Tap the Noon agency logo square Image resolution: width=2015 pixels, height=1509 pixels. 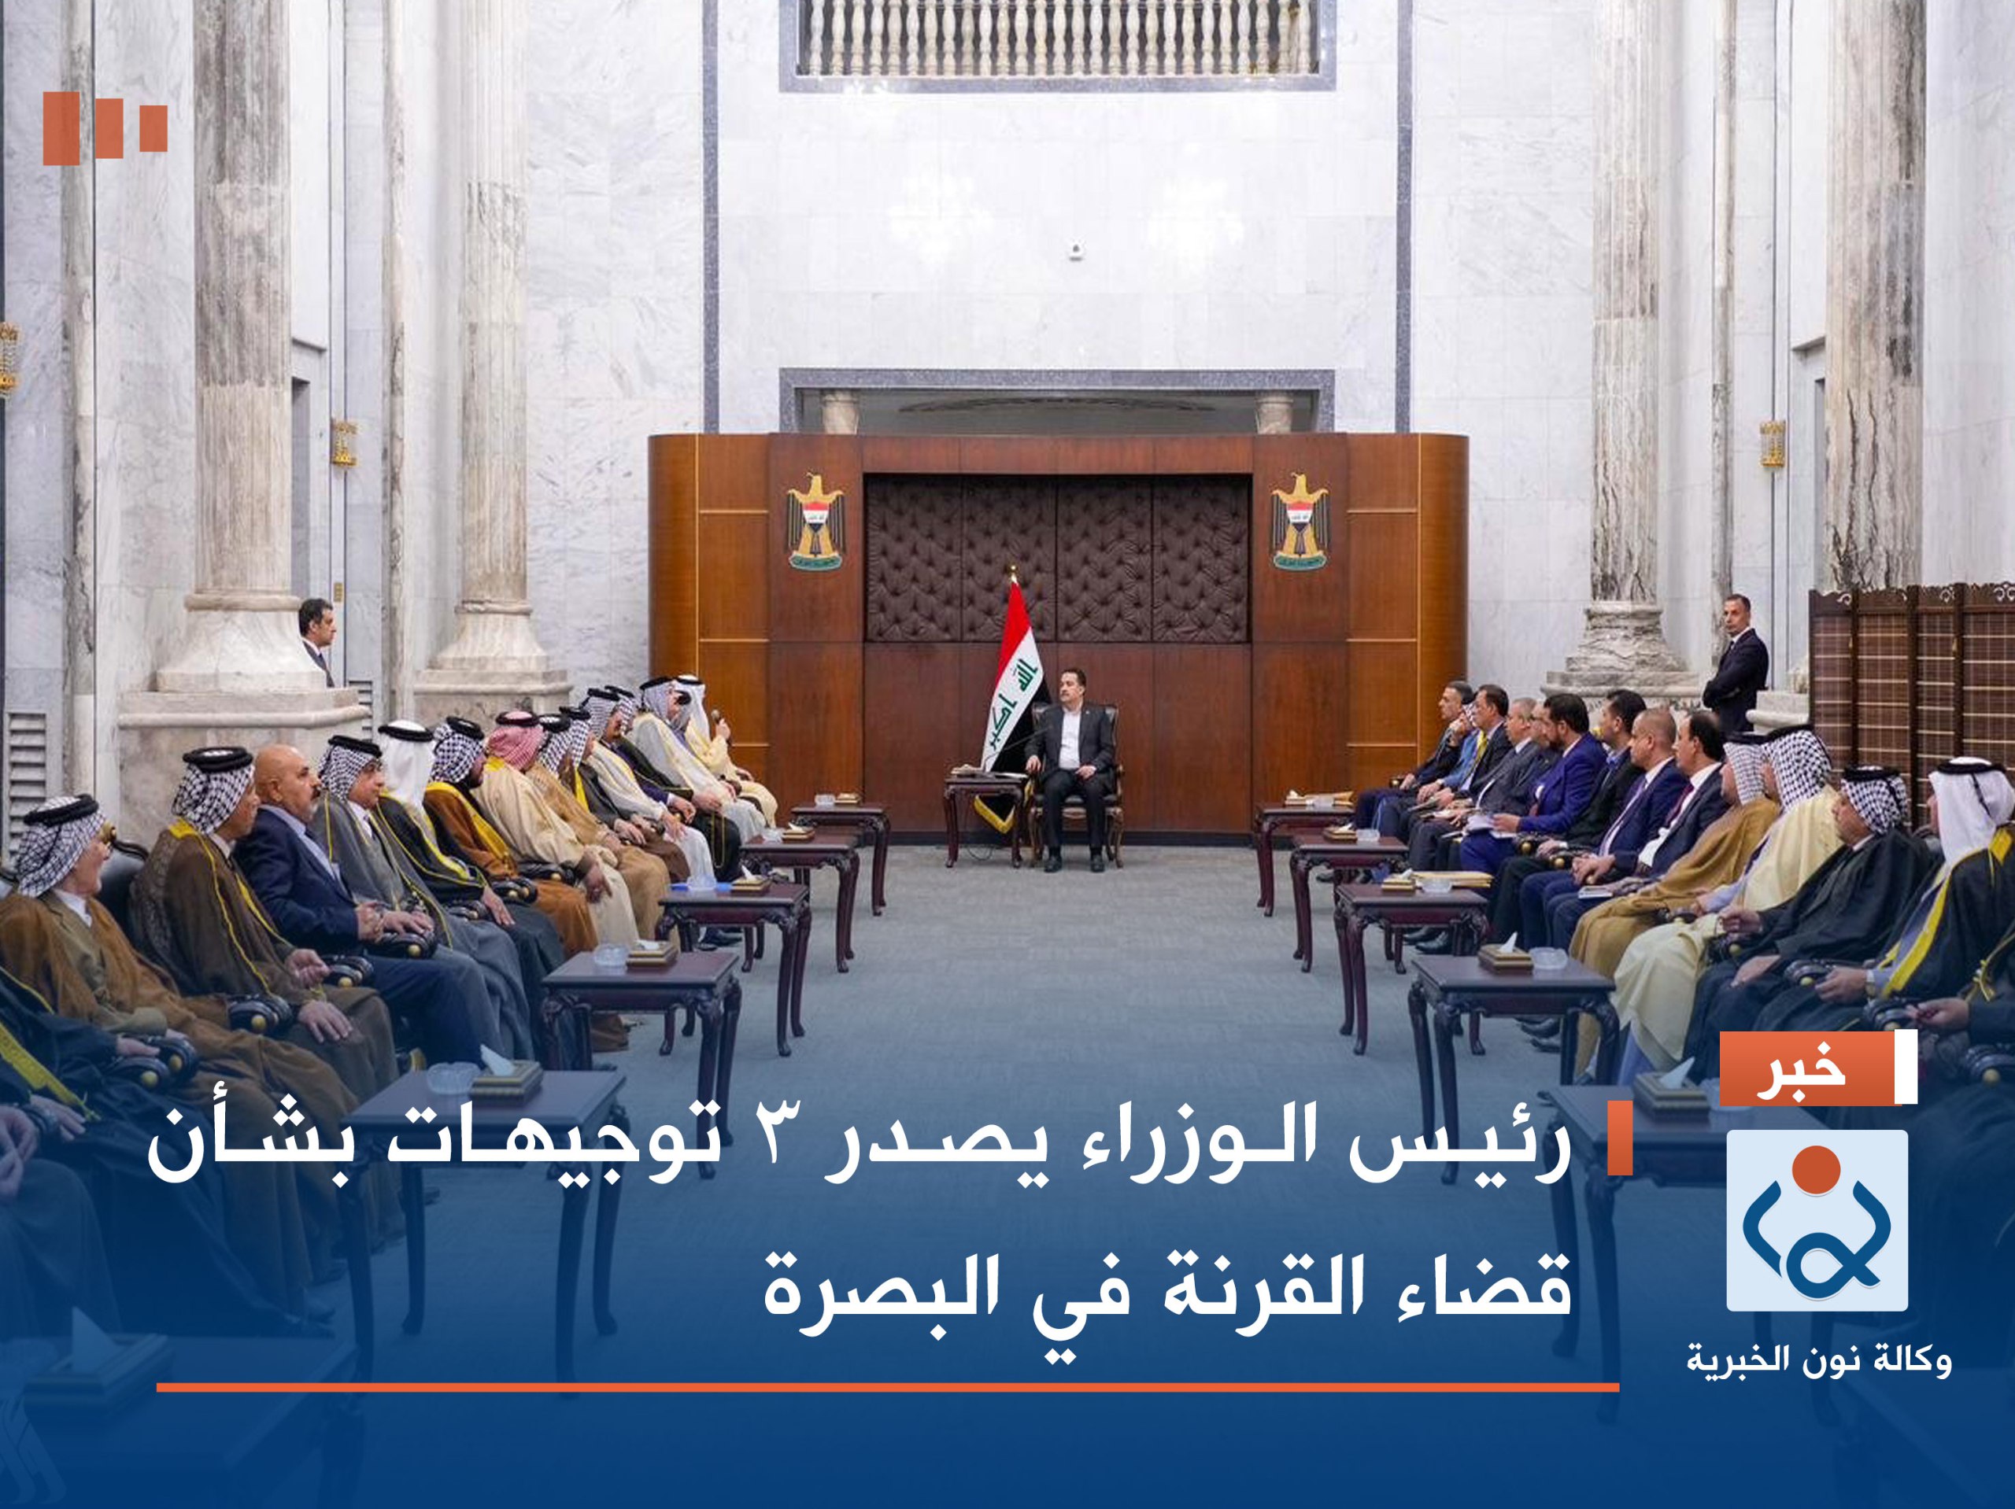point(1817,1220)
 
